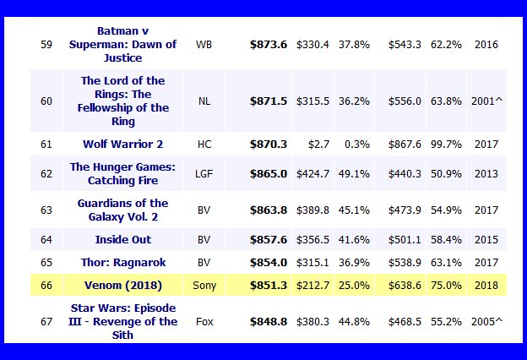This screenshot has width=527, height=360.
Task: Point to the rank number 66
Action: tap(46, 286)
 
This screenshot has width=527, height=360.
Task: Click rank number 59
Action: tap(46, 44)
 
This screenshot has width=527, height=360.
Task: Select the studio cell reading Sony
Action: tap(204, 286)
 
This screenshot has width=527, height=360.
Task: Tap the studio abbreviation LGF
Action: tap(204, 174)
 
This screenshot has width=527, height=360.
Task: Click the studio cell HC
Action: tap(204, 144)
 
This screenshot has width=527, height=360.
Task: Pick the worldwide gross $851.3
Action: tap(269, 286)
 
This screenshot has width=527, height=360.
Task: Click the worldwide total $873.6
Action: tap(269, 44)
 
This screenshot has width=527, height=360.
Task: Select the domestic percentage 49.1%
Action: tap(354, 174)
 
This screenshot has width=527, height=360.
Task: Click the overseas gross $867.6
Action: tap(404, 144)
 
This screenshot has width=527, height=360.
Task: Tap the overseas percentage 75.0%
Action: tap(445, 286)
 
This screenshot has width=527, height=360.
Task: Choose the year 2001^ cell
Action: tap(487, 101)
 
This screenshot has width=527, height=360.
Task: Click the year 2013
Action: tap(486, 174)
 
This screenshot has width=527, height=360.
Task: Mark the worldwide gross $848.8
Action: tap(269, 321)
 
